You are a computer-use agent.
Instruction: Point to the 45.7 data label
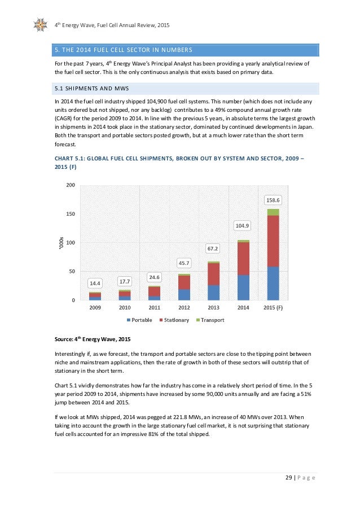tap(185, 263)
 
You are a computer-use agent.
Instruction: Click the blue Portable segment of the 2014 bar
tap(244, 287)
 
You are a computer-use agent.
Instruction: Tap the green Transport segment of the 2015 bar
tap(273, 212)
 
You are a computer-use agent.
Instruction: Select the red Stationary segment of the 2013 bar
tap(214, 274)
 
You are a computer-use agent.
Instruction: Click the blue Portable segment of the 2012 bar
tap(185, 294)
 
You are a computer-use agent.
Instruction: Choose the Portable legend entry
tap(143, 320)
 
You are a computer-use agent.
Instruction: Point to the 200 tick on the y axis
tap(71, 185)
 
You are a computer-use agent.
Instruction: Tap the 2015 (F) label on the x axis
tap(273, 308)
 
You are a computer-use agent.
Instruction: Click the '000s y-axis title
tap(61, 243)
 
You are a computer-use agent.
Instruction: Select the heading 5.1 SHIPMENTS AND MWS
tap(83, 89)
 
